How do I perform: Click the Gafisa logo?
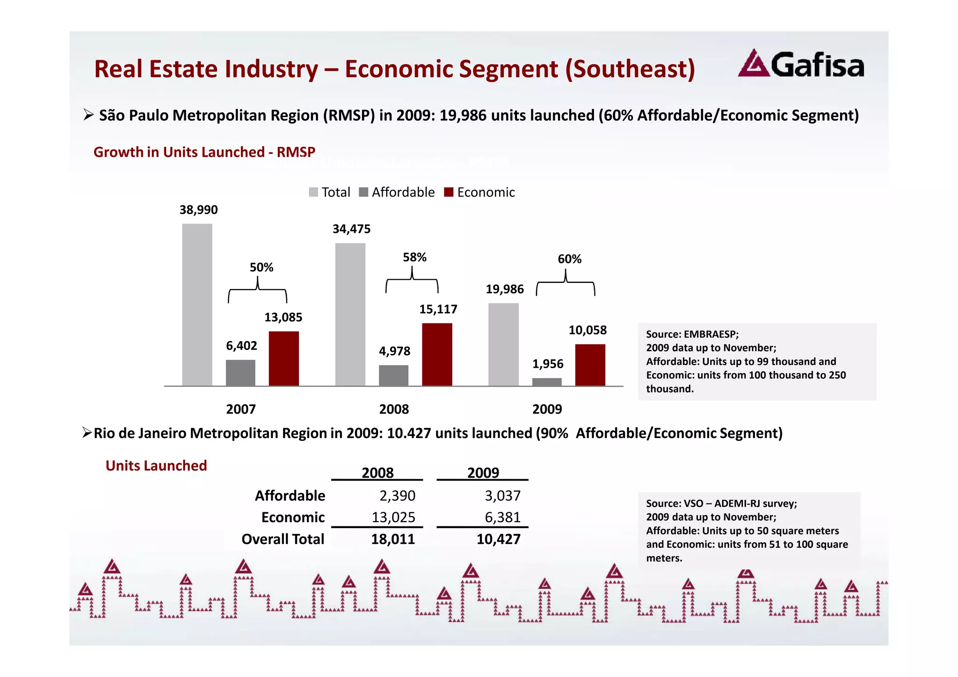point(801,64)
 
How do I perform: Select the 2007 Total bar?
point(197,305)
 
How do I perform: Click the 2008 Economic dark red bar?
point(437,354)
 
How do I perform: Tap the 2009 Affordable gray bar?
point(547,382)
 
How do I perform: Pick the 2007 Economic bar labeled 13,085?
point(283,358)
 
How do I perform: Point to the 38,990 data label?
point(198,210)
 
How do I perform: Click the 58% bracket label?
point(414,257)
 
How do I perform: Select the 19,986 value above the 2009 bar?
point(504,289)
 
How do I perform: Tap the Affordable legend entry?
point(397,192)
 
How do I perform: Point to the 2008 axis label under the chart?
point(394,409)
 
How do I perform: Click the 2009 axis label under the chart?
point(547,409)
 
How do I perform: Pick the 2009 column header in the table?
point(483,473)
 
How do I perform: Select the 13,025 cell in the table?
point(393,517)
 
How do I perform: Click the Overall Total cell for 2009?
point(498,539)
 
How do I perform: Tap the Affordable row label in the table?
point(290,495)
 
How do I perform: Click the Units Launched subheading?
point(156,466)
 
